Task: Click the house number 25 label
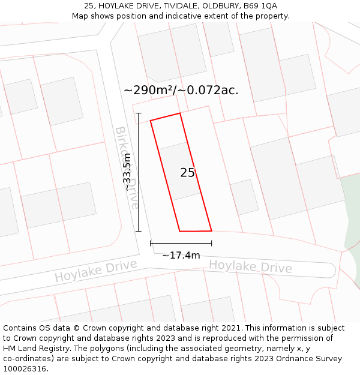pyautogui.click(x=187, y=173)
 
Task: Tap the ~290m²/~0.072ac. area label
pyautogui.click(x=181, y=91)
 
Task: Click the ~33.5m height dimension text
pyautogui.click(x=127, y=172)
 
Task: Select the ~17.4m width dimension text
pyautogui.click(x=181, y=256)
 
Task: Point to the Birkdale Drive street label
pyautogui.click(x=127, y=167)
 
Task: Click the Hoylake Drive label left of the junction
pyautogui.click(x=95, y=270)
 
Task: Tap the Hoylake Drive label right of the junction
pyautogui.click(x=250, y=266)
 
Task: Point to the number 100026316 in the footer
pyautogui.click(x=25, y=368)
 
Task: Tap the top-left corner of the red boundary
pyautogui.click(x=151, y=121)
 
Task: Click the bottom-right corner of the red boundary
pyautogui.click(x=211, y=230)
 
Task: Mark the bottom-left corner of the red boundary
pyautogui.click(x=180, y=231)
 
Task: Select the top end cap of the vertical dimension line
pyautogui.click(x=139, y=113)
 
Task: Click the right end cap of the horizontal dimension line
pyautogui.click(x=211, y=243)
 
